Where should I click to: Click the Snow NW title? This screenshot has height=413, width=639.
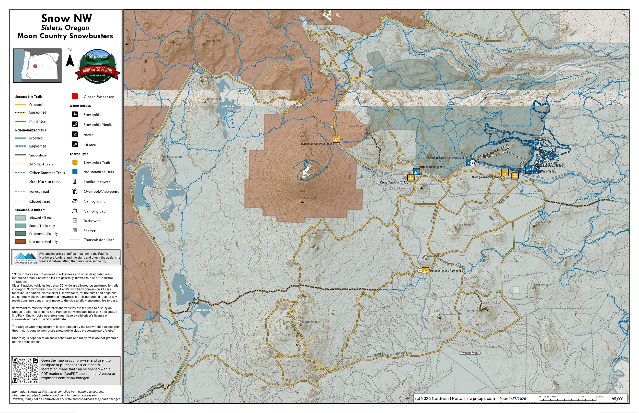point(67,18)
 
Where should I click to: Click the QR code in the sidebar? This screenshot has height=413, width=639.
point(26,371)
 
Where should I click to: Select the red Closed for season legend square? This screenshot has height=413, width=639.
point(75,96)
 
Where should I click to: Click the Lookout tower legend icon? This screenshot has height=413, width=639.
point(75,182)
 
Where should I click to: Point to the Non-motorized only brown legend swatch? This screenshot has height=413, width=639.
point(20,242)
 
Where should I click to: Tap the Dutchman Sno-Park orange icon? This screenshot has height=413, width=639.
point(337,139)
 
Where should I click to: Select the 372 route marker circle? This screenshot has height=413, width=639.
point(473,163)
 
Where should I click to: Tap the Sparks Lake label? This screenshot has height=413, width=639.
point(228,106)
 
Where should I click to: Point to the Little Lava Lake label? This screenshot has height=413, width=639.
point(204,310)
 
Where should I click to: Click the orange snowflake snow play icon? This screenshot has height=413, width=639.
point(515,176)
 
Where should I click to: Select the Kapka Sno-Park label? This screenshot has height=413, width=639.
point(394,183)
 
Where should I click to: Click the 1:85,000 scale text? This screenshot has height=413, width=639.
point(616,399)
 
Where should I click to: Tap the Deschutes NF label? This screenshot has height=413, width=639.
point(470,354)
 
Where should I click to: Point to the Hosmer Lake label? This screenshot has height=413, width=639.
point(174,190)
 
